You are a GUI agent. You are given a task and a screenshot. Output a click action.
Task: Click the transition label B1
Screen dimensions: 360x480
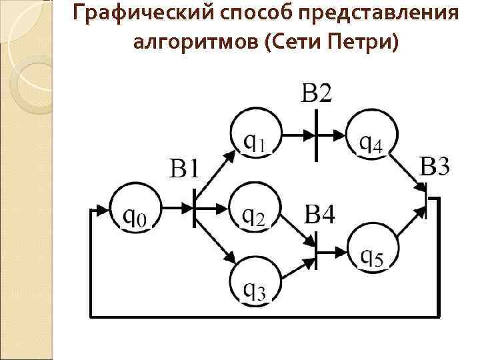click(184, 168)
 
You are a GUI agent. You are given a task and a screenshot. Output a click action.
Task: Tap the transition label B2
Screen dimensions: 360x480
click(315, 94)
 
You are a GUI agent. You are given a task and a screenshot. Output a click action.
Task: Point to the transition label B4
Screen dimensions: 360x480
click(321, 215)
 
